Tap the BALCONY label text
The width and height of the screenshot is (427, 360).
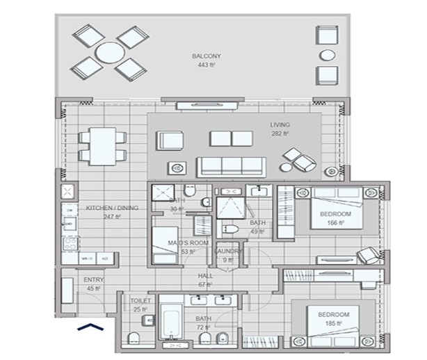206,56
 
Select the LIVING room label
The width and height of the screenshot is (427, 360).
280,125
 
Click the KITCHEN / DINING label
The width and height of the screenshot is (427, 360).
103,208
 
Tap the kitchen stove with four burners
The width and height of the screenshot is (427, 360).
70,243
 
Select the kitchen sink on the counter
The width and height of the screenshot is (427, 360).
70,223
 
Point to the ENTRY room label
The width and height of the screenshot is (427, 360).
93,280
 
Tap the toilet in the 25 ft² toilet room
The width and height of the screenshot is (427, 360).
136,338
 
